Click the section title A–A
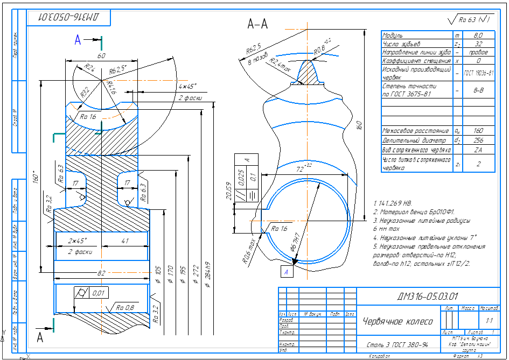tap(258, 24)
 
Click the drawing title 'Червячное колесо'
tap(398, 321)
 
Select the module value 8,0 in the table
tap(478, 35)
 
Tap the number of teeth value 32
tap(478, 44)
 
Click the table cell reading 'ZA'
tap(478, 150)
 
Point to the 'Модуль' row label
tap(393, 35)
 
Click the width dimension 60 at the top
tap(101, 55)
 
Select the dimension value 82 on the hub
tap(101, 273)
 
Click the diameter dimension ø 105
tap(158, 270)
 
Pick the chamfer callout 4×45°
tap(187, 86)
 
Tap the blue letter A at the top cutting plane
tap(78, 39)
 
